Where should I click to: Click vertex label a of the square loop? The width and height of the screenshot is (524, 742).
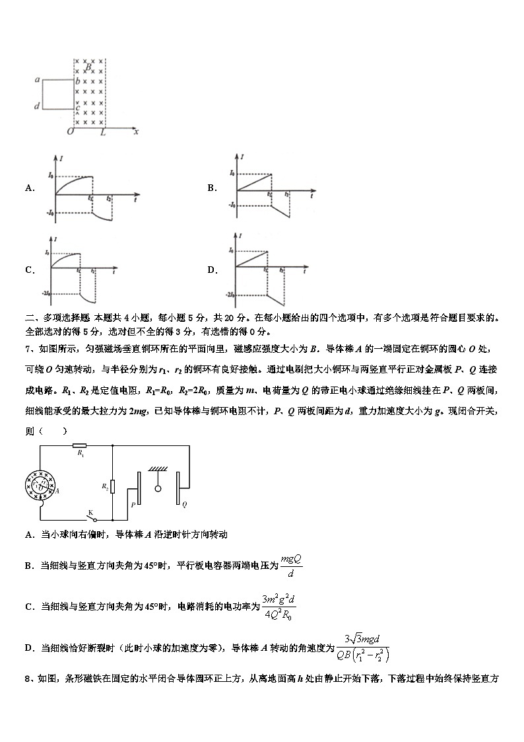pos(38,80)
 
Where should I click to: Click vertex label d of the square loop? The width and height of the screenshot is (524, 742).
pos(38,106)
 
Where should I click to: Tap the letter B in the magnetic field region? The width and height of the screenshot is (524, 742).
pos(87,66)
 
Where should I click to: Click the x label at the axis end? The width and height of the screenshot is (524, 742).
pos(136,131)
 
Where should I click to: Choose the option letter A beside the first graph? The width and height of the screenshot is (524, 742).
pos(30,188)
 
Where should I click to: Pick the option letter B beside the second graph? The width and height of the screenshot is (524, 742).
pos(212,188)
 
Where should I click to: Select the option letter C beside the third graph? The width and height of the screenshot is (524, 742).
pos(30,270)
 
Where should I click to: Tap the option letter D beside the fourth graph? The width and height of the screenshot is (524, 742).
pos(212,270)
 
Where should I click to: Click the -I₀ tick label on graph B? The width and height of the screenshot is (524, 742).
pos(232,205)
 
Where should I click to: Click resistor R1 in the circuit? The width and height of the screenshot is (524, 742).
pos(80,446)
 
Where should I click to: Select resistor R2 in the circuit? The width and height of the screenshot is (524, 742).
pos(113,487)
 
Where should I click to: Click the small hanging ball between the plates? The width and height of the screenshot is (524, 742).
pos(158,490)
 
